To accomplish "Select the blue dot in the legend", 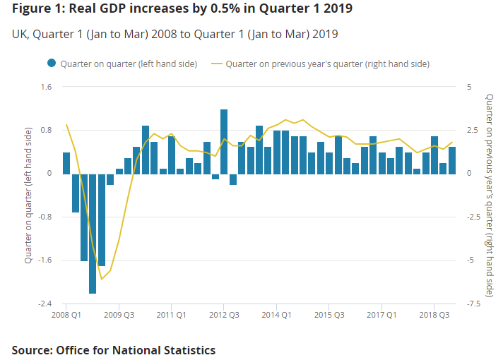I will [52, 64].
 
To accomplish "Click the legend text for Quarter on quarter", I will [128, 64].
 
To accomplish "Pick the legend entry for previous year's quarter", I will [327, 64].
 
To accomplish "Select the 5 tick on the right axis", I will [469, 88].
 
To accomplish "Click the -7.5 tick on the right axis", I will [473, 304].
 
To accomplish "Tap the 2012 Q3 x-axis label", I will [224, 315].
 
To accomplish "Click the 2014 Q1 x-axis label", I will [277, 315].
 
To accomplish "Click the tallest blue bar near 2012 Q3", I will [224, 141].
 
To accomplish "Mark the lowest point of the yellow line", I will [102, 279].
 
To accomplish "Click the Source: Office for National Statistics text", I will [114, 350].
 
